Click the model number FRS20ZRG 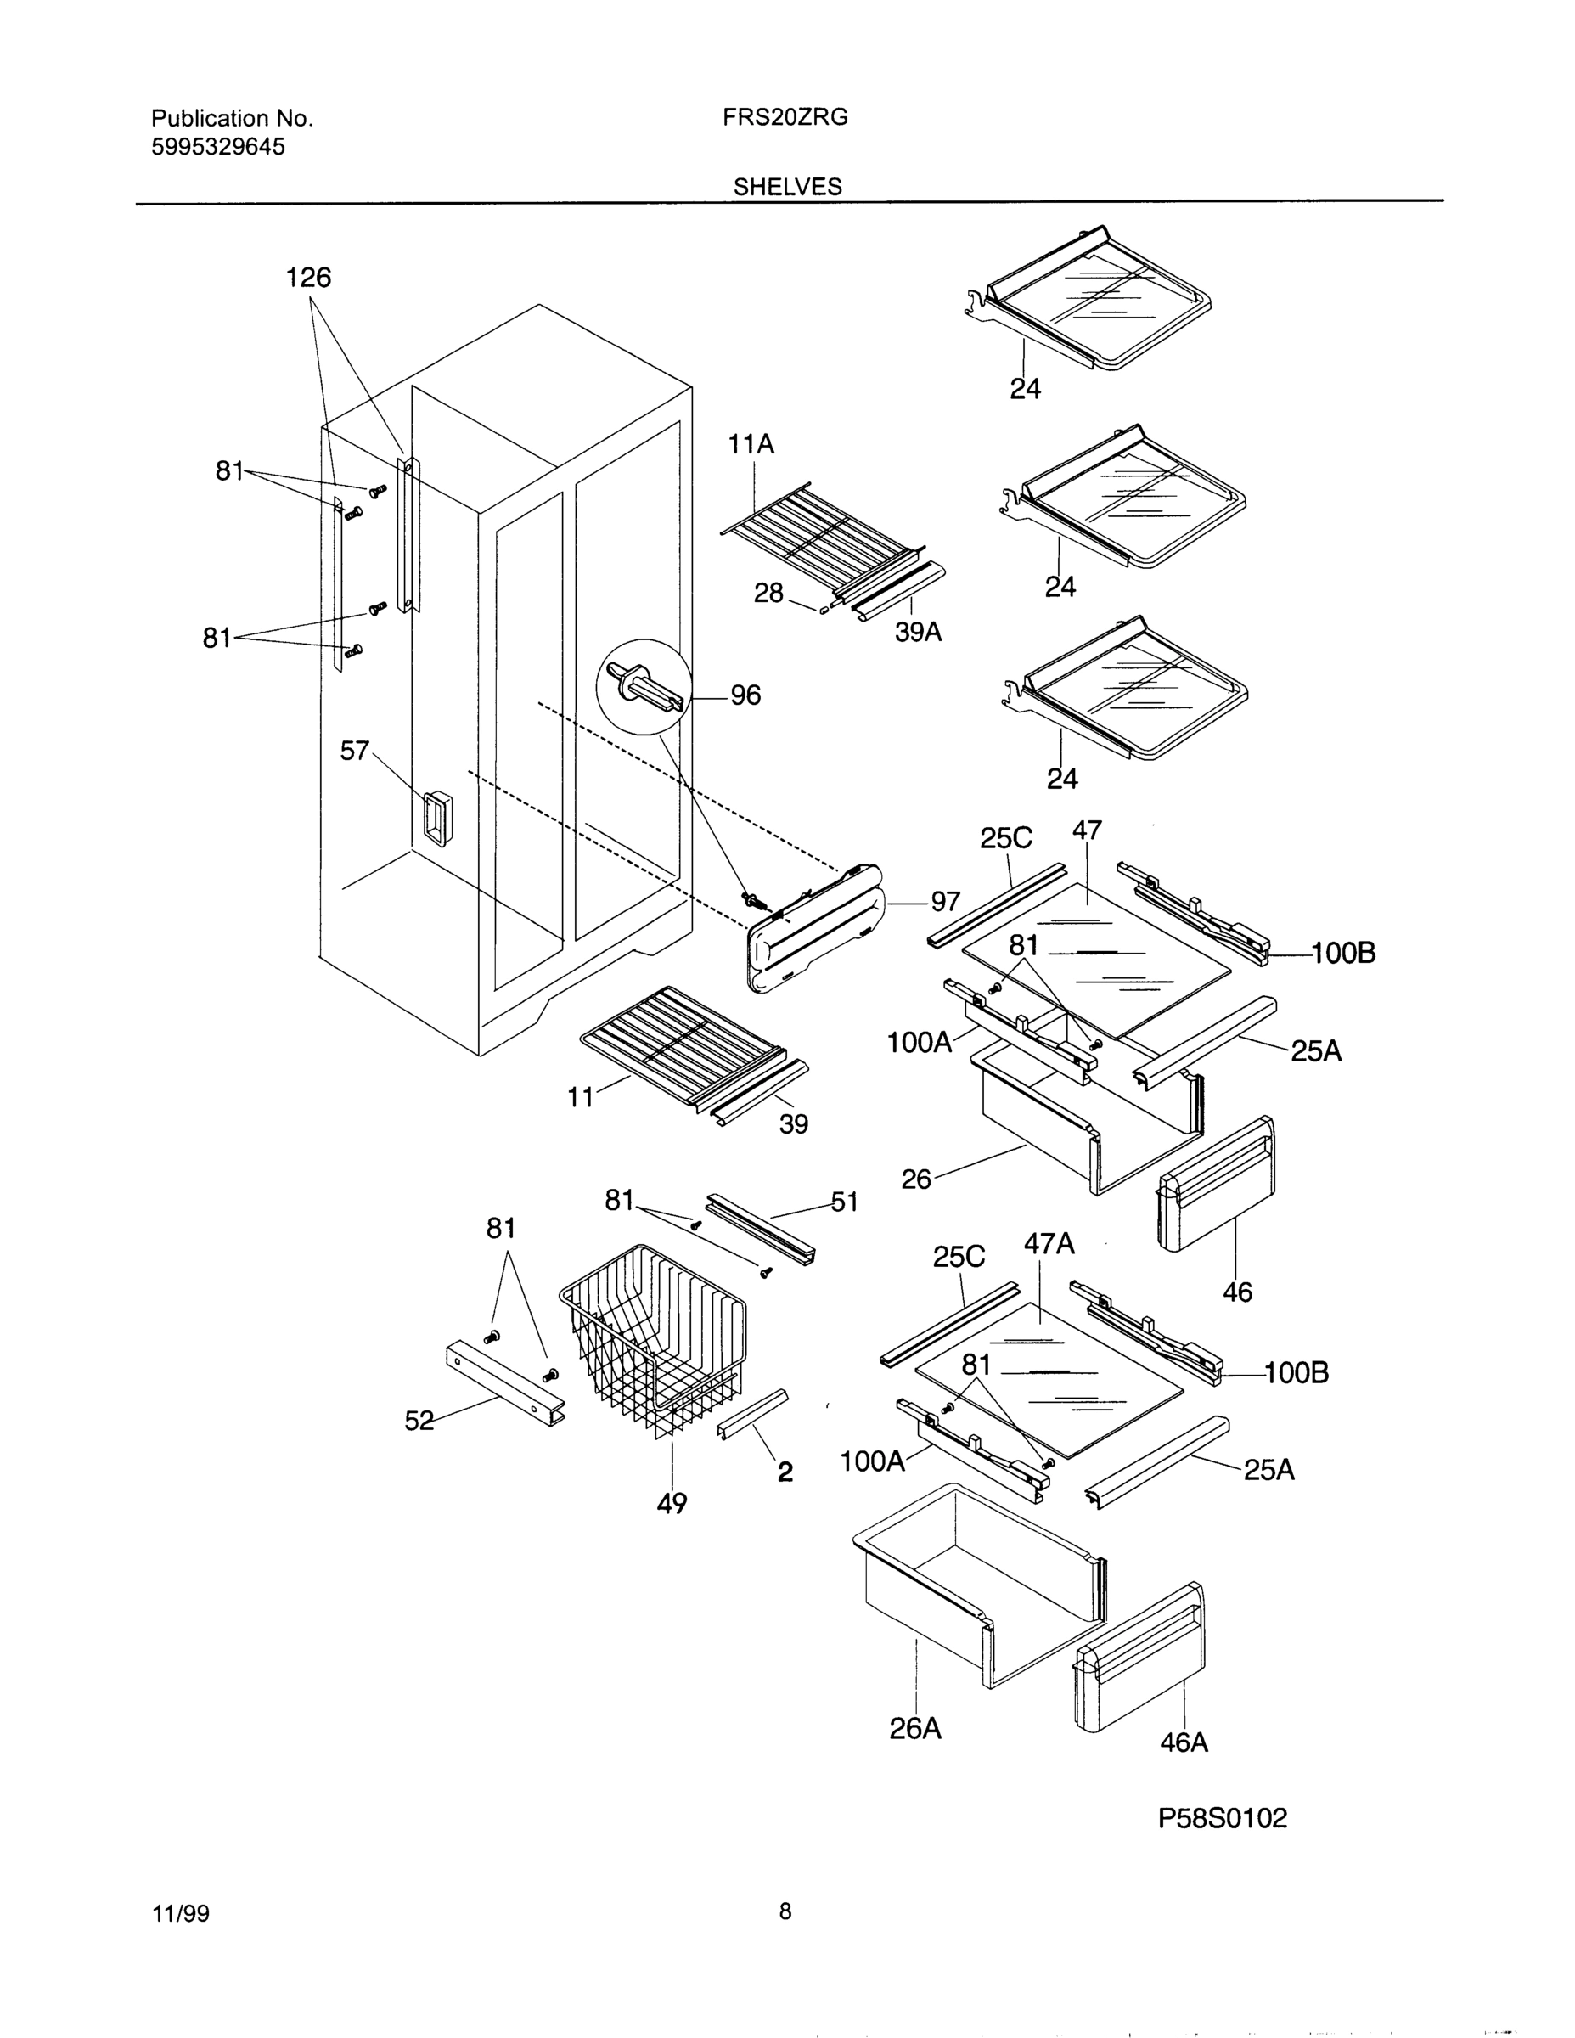(x=785, y=117)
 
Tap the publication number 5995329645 (x=217, y=147)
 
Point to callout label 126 (x=308, y=277)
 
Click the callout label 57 (x=355, y=751)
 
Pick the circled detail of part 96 (x=644, y=689)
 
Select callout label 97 (x=944, y=902)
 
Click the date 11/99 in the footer (x=180, y=1914)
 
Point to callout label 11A (x=751, y=444)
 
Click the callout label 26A (x=914, y=1729)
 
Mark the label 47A (x=1049, y=1244)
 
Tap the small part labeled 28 (x=824, y=611)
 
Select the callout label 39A (x=918, y=632)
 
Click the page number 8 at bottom (x=785, y=1912)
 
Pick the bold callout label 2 (x=785, y=1472)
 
